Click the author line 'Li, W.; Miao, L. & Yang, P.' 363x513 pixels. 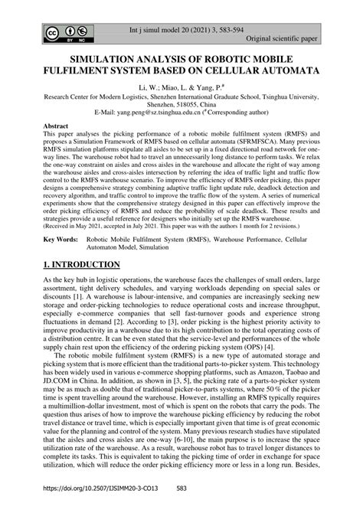[181, 90]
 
